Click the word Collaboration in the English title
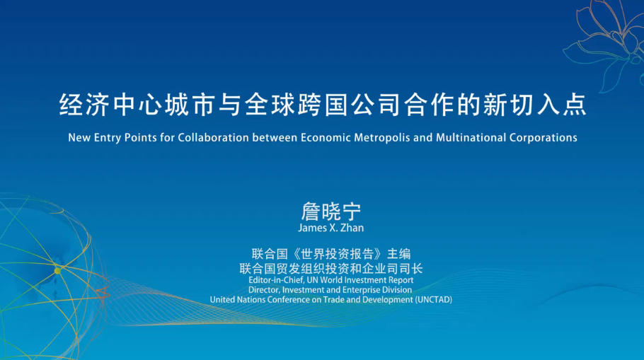tap(213, 137)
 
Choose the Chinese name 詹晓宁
tap(330, 211)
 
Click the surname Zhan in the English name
tap(352, 228)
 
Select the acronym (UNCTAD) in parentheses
tap(434, 300)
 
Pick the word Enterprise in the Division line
tap(362, 290)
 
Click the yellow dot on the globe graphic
tap(57, 270)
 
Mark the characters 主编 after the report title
tap(399, 254)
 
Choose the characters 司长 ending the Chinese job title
tap(410, 269)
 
